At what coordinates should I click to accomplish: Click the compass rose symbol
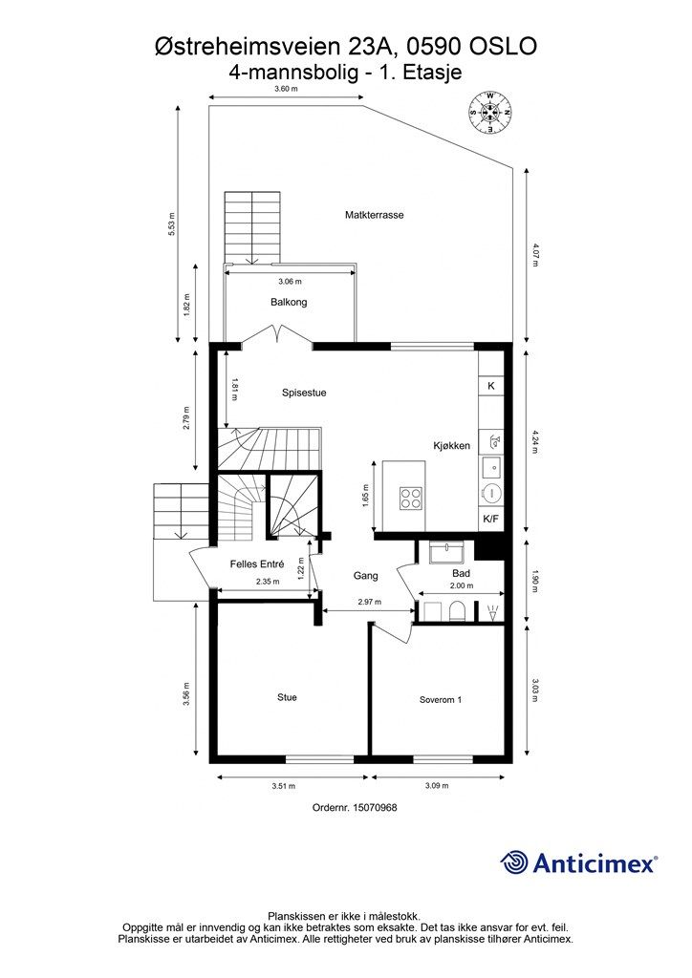click(x=490, y=113)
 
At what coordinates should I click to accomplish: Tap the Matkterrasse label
click(x=375, y=215)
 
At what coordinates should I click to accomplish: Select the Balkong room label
click(x=289, y=303)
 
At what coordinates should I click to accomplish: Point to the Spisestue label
click(x=304, y=393)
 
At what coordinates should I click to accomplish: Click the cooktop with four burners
click(x=411, y=498)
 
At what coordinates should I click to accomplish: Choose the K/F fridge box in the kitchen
click(x=491, y=519)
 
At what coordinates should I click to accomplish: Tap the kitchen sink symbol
click(x=491, y=465)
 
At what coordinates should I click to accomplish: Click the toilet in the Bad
click(x=457, y=610)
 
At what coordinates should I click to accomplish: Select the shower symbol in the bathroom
click(x=494, y=612)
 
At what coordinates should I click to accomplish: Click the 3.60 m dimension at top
click(x=286, y=89)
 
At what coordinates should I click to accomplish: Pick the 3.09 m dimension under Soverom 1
click(x=437, y=786)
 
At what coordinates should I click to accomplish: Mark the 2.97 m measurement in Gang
click(x=369, y=603)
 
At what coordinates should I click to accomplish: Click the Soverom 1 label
click(x=441, y=700)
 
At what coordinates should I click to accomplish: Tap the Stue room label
click(x=287, y=697)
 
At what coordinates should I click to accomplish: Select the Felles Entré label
click(x=257, y=563)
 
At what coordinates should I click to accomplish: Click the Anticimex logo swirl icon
click(x=514, y=862)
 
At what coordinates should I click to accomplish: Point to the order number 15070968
click(x=375, y=807)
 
